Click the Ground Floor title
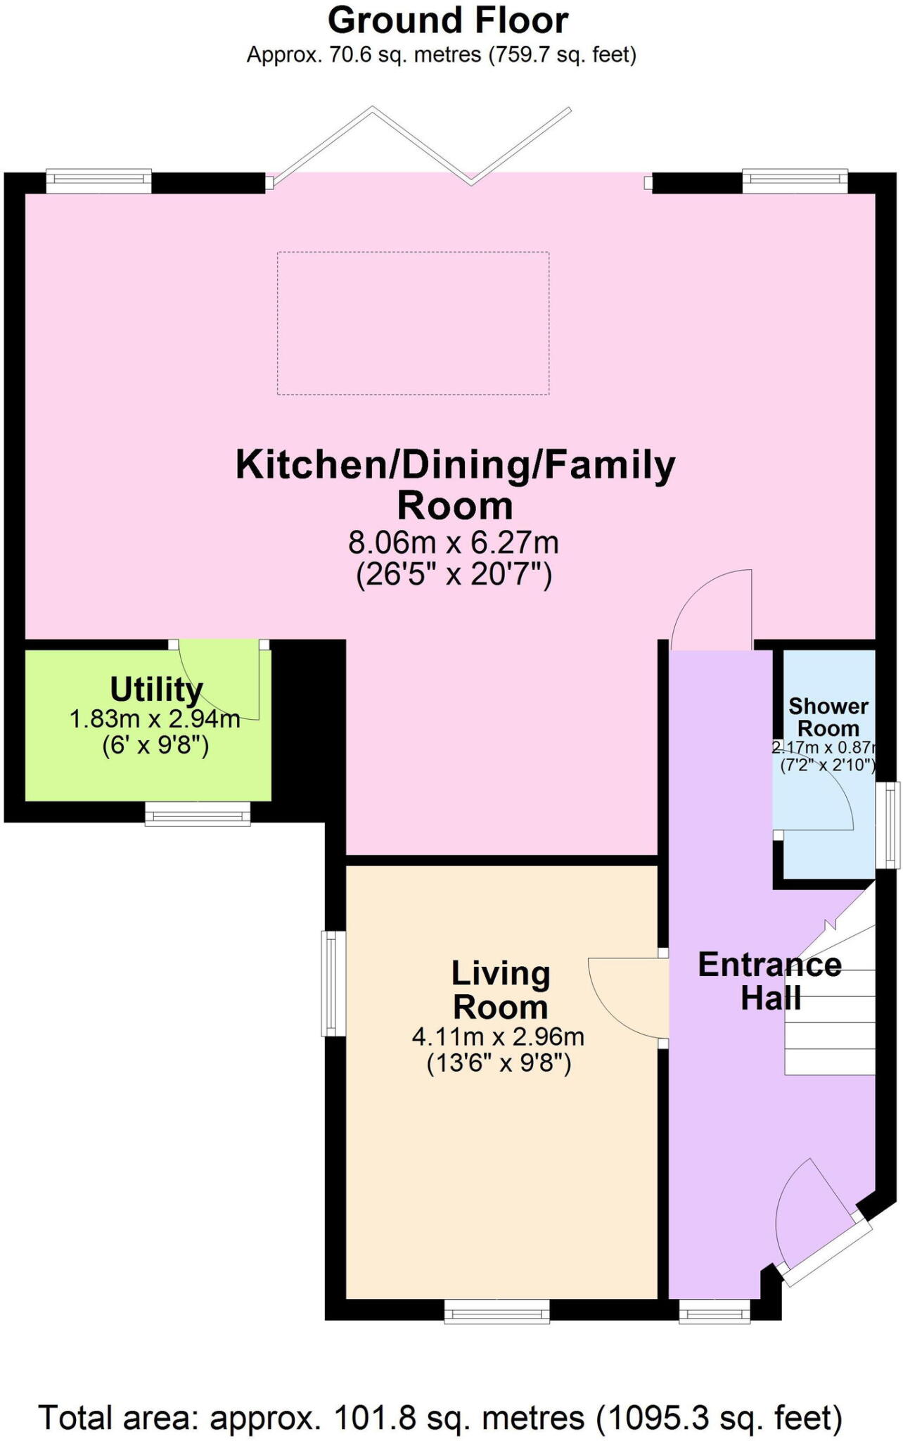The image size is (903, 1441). click(x=448, y=21)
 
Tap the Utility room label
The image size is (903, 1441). click(x=156, y=690)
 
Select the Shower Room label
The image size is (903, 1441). click(x=828, y=717)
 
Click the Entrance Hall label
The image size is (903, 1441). click(x=769, y=981)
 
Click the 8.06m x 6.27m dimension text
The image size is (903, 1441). click(x=454, y=542)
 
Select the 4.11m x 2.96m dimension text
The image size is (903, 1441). click(x=498, y=1036)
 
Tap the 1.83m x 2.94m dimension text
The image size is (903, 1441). click(x=155, y=719)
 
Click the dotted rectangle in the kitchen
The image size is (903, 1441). click(x=413, y=323)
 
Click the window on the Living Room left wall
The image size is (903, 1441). click(x=333, y=984)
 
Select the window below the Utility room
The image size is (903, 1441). click(x=198, y=815)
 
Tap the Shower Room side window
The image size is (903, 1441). click(x=892, y=825)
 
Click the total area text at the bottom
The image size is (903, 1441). click(x=440, y=1418)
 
